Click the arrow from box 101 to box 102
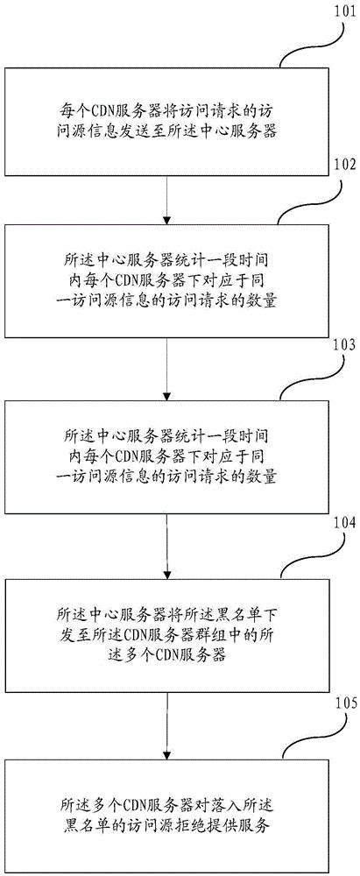165,200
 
